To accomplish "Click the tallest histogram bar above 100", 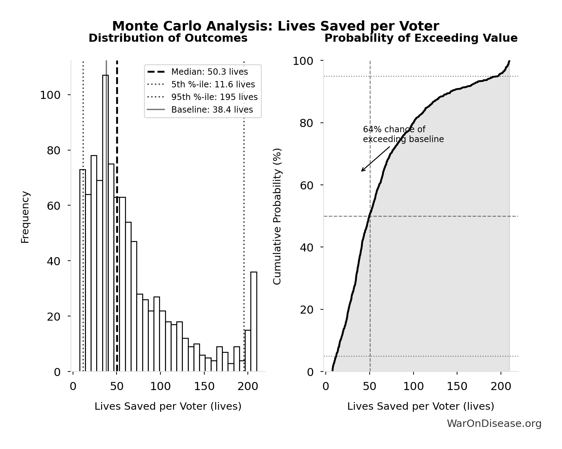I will point(105,224).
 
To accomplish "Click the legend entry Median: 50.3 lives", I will point(209,72).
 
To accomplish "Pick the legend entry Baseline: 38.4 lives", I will point(212,110).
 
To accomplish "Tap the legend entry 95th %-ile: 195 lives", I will point(214,97).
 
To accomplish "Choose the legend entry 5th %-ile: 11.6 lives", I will point(213,85).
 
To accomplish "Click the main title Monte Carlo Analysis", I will point(275,26).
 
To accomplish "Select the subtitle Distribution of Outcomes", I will point(168,38).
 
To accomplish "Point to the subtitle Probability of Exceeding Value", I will point(421,38).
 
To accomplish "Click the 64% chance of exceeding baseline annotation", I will point(403,134).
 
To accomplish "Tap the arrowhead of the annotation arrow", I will point(362,171).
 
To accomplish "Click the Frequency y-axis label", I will point(25,217).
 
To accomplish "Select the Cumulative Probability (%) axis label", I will point(277,216).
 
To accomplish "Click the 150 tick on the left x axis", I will point(204,387).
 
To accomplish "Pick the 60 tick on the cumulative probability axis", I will point(307,185).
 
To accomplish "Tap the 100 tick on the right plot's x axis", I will point(413,387).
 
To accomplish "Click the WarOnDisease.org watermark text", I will point(494,424).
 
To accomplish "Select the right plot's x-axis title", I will point(421,406).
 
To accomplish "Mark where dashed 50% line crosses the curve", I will point(369,216).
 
